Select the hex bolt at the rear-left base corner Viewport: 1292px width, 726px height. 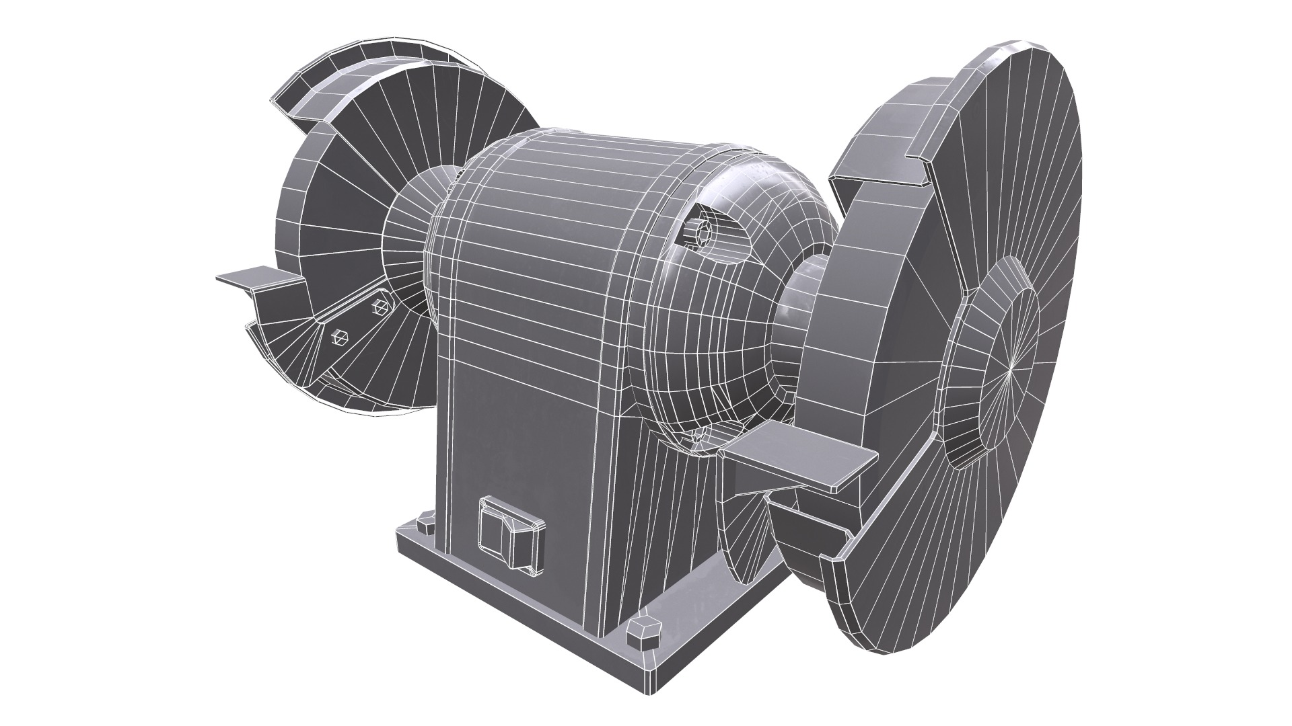(x=425, y=523)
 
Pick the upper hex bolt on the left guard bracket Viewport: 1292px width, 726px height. (x=381, y=306)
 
